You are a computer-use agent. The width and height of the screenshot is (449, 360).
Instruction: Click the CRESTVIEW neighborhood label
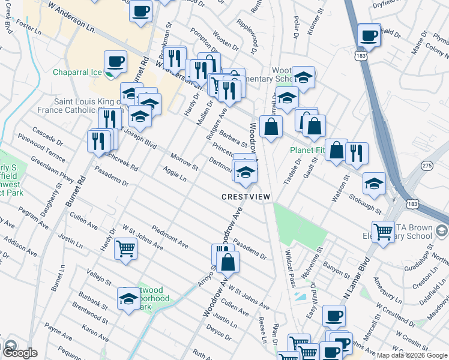click(x=246, y=197)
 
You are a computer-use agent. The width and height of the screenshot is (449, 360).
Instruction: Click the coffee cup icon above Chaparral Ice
click(x=115, y=61)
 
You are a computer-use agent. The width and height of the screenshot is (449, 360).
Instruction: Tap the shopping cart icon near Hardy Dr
click(x=125, y=247)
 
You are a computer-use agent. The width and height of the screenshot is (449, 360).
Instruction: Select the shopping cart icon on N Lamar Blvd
click(x=383, y=232)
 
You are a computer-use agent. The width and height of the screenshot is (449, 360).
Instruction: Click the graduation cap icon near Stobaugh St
click(x=374, y=183)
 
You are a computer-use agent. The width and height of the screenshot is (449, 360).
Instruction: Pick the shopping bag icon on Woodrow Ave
click(x=228, y=262)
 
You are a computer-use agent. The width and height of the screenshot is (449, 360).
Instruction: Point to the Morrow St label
click(x=184, y=160)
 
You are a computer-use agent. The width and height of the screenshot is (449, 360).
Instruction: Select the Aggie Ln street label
click(x=175, y=175)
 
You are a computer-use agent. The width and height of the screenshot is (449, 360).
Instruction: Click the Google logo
click(x=20, y=352)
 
